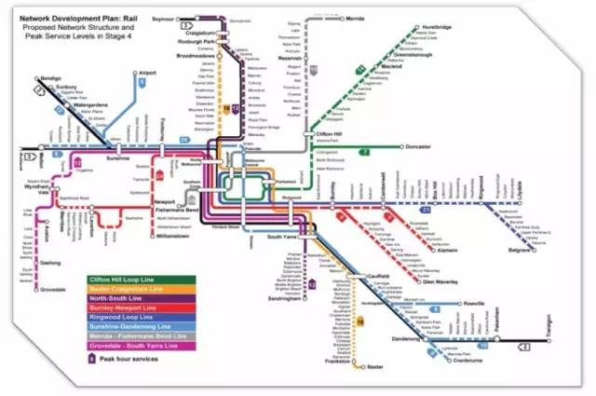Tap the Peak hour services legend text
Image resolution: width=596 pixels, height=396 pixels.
[130, 360]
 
